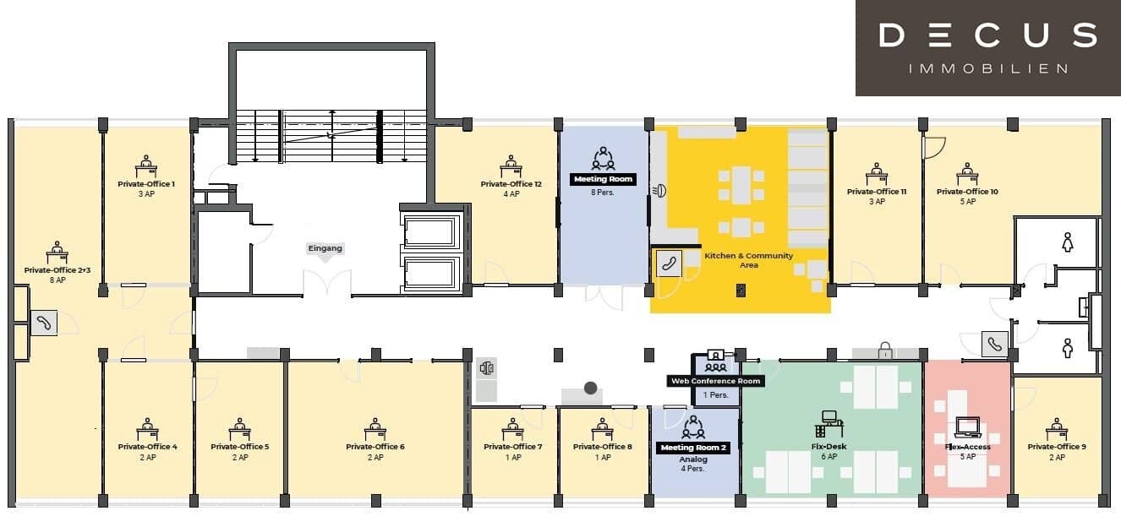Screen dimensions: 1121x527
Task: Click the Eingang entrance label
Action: pyautogui.click(x=325, y=248)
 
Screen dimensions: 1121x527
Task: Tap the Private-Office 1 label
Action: pyautogui.click(x=146, y=184)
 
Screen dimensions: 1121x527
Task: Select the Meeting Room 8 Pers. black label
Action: pyautogui.click(x=603, y=179)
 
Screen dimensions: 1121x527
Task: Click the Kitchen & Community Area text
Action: pyautogui.click(x=749, y=260)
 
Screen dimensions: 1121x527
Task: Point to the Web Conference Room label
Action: pyautogui.click(x=716, y=381)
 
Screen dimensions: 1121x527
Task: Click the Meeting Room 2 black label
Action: pyautogui.click(x=693, y=448)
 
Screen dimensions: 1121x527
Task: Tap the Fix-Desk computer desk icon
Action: pyautogui.click(x=828, y=424)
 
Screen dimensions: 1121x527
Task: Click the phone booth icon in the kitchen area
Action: pyautogui.click(x=669, y=263)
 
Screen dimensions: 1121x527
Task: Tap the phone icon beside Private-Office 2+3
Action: pyautogui.click(x=44, y=323)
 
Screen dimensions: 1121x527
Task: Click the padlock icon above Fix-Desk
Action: pyautogui.click(x=885, y=350)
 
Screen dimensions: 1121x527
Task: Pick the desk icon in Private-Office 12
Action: pyautogui.click(x=511, y=166)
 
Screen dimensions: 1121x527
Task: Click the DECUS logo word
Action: pyautogui.click(x=988, y=35)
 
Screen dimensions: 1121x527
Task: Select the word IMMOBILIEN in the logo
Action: pyautogui.click(x=988, y=68)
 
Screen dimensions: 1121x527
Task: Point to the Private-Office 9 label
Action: pyautogui.click(x=1057, y=447)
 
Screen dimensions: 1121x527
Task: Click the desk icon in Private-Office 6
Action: pyautogui.click(x=375, y=430)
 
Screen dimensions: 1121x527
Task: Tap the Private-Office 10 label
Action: pyautogui.click(x=967, y=192)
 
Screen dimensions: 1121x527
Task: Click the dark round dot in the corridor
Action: pyautogui.click(x=591, y=388)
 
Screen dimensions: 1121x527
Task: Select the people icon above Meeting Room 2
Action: pyautogui.click(x=693, y=426)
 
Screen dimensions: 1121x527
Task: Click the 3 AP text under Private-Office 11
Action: pyautogui.click(x=877, y=202)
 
